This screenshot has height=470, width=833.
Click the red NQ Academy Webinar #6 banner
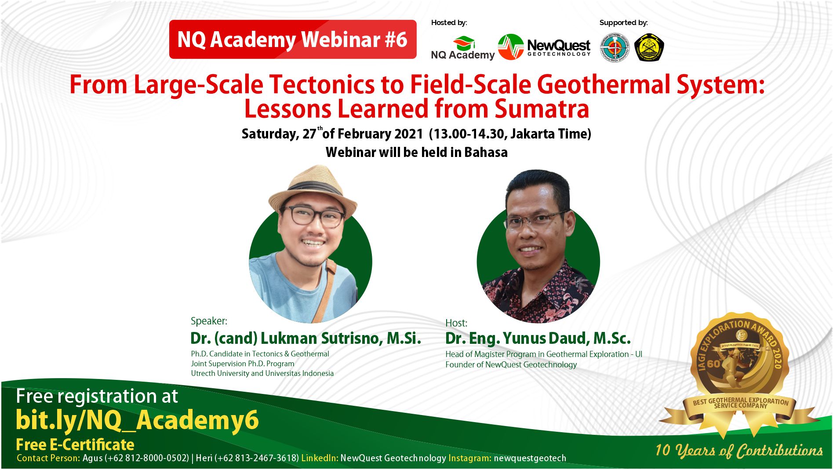point(293,39)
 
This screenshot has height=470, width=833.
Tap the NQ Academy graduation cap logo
point(464,43)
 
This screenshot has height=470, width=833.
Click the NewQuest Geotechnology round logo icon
point(510,47)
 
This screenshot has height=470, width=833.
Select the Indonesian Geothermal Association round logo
point(615,47)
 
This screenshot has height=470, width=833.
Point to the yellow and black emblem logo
point(649,47)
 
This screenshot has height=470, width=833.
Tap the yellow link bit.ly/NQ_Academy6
point(138,420)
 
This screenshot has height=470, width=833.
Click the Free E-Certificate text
point(75,444)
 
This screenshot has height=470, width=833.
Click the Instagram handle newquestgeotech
point(530,458)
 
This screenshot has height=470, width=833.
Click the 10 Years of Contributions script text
point(739,451)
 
